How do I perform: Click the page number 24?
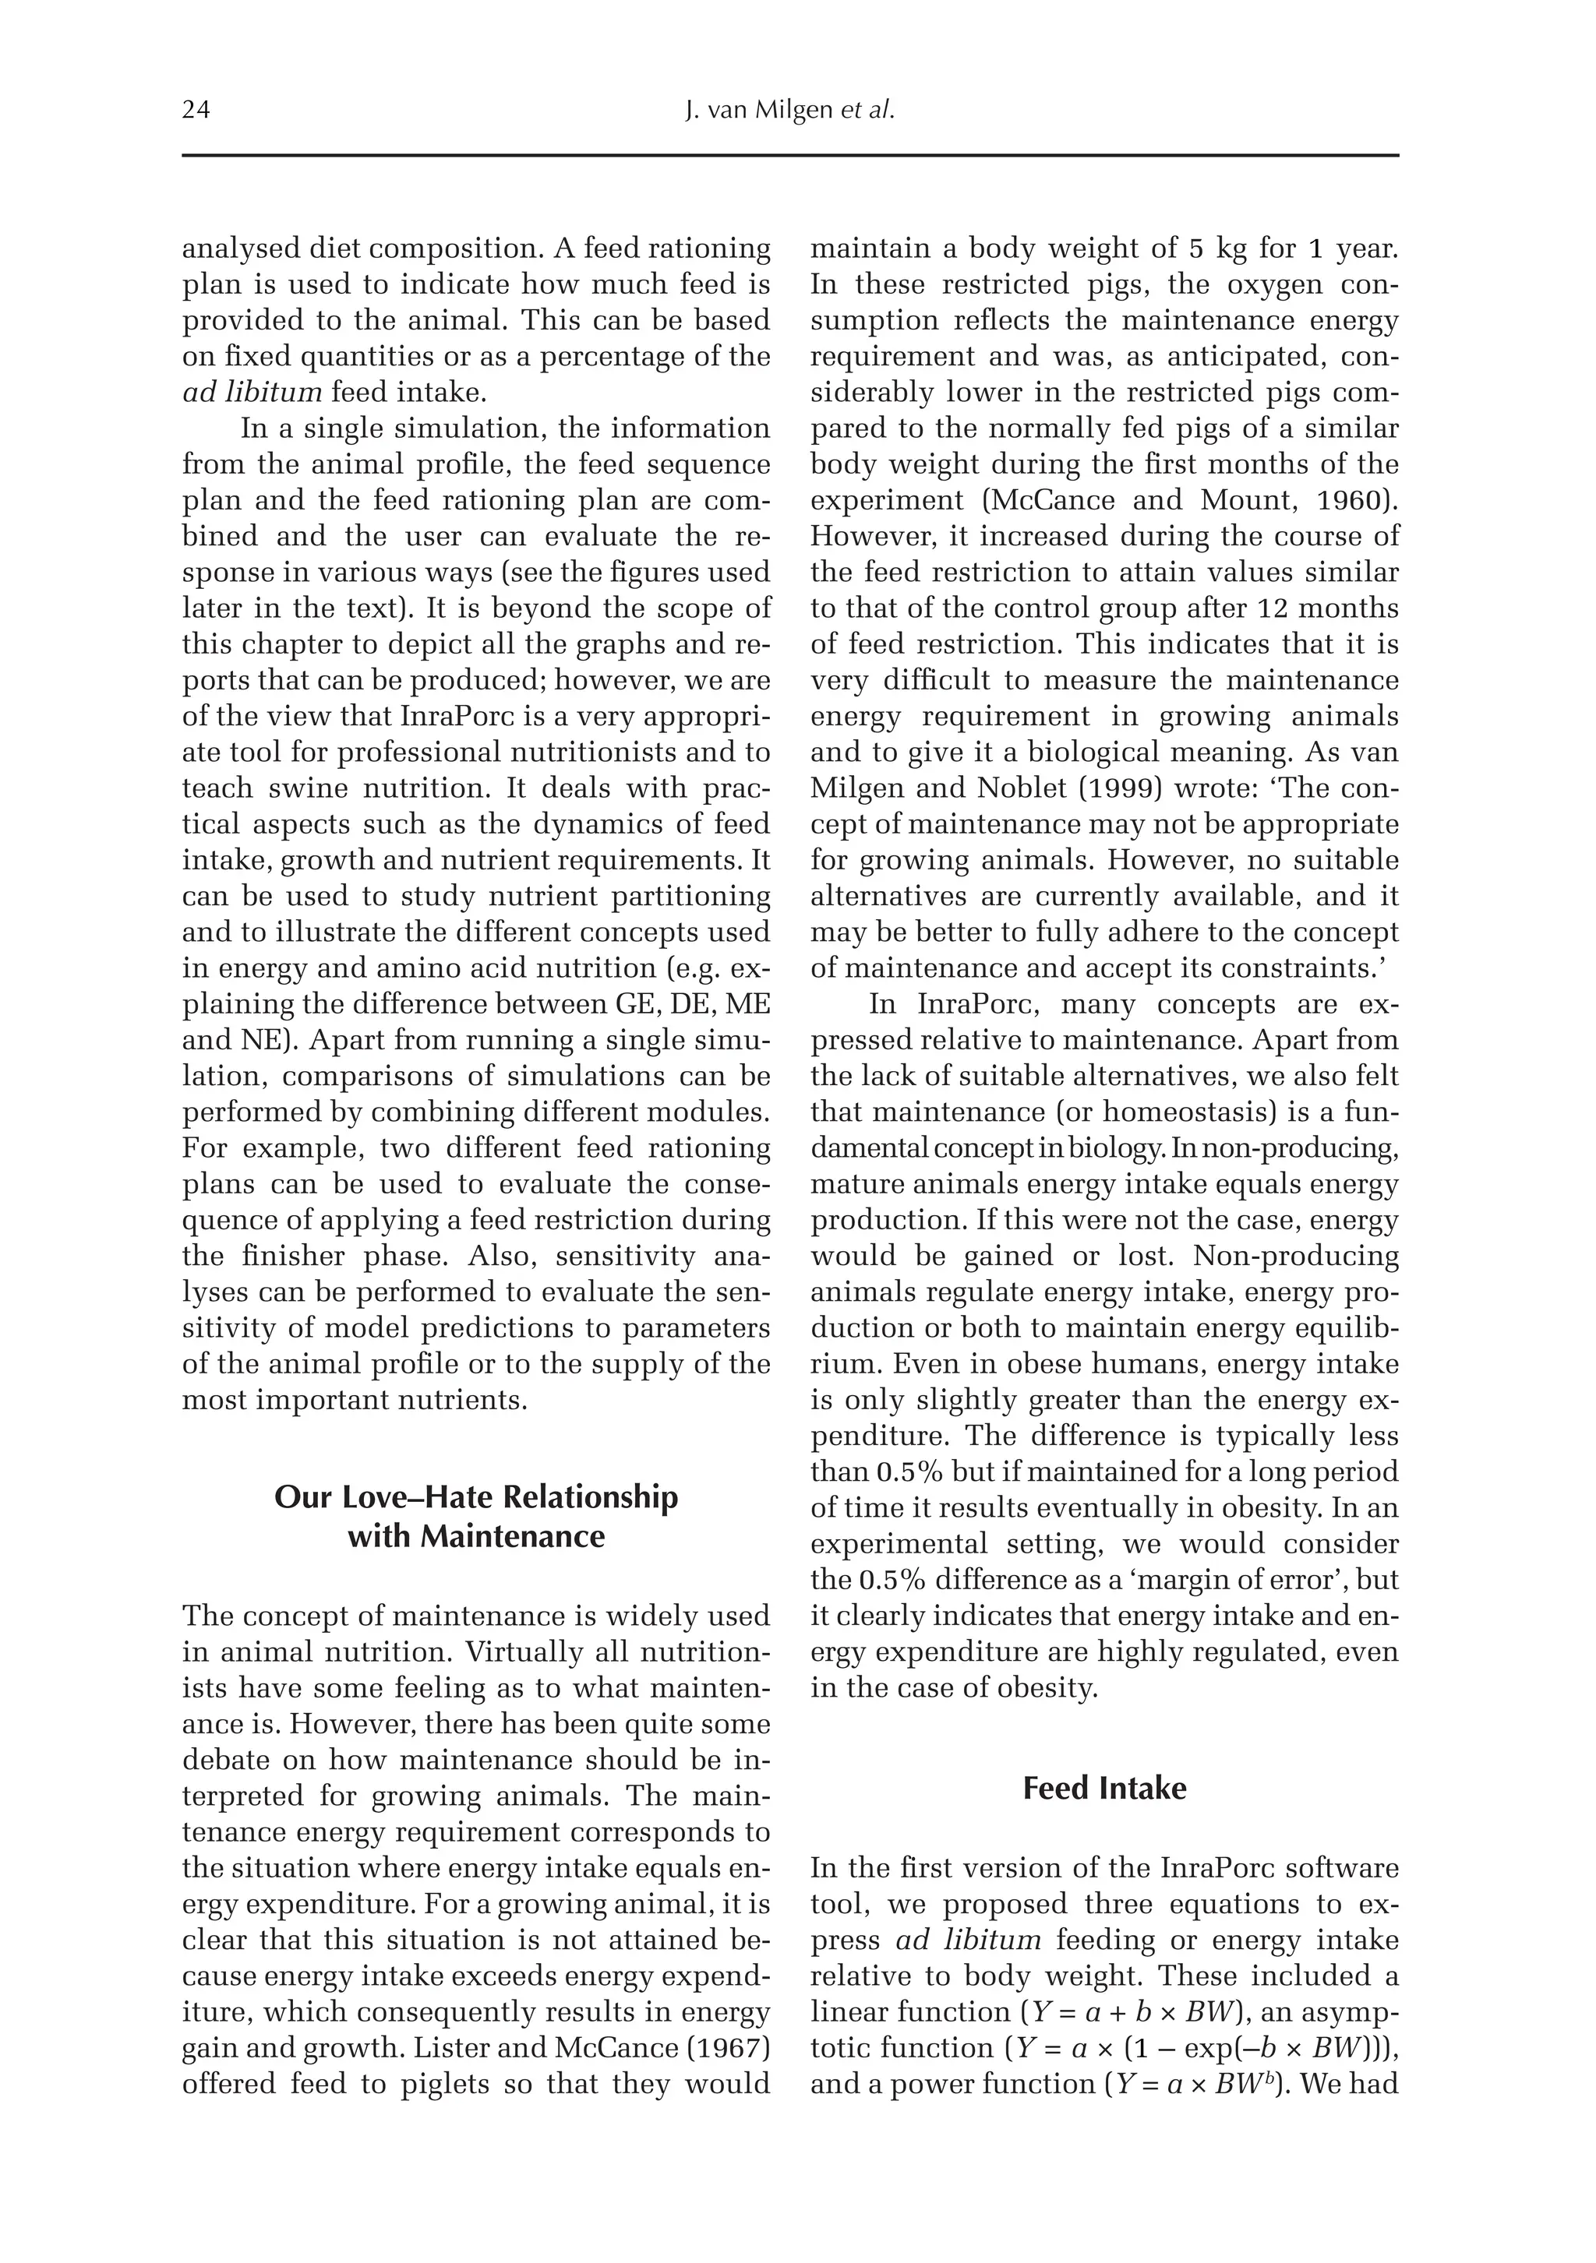click(x=196, y=111)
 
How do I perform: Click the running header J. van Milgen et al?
click(x=789, y=111)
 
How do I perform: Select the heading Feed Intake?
click(x=1104, y=1789)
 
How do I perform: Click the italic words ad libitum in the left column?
click(x=252, y=393)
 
